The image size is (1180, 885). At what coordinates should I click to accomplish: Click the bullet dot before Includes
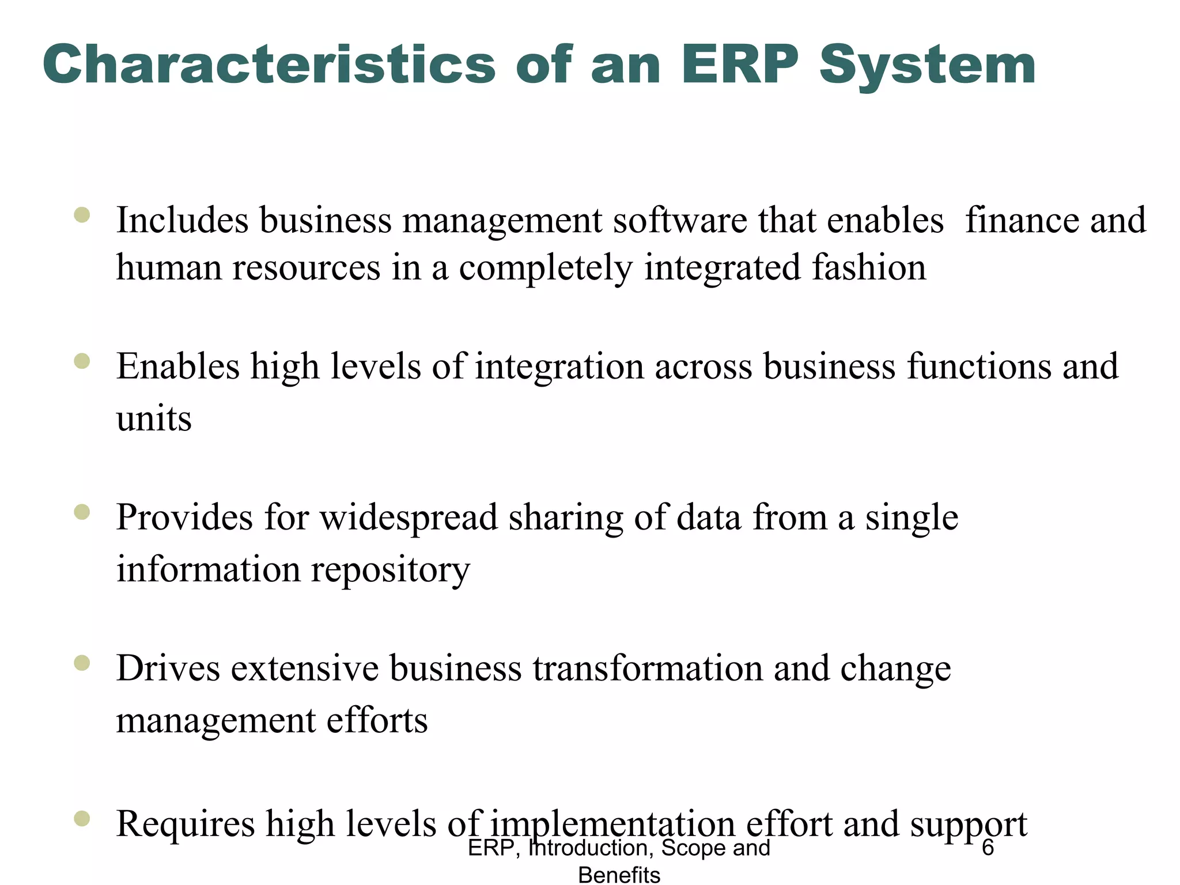82,215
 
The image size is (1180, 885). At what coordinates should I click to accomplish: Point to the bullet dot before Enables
82,361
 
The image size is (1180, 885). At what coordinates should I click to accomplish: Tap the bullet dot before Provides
82,512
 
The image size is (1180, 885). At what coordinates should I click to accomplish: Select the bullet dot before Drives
82,663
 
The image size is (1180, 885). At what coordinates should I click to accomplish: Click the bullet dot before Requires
82,818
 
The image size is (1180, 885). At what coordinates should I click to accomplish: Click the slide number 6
988,848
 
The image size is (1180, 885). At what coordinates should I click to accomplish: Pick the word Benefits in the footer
619,875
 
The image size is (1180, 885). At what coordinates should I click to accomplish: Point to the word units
154,418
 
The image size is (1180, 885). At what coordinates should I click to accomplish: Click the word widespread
409,517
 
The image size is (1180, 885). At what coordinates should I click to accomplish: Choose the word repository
391,570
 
